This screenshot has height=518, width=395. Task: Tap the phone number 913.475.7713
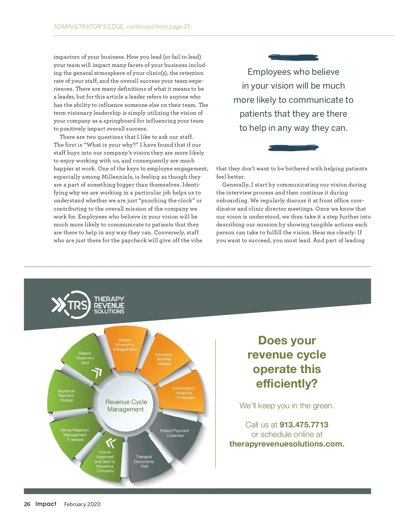point(304,424)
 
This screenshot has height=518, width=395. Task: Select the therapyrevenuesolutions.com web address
point(287,444)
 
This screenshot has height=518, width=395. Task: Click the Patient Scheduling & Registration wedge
point(125,346)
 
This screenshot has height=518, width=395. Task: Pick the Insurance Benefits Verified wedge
point(164,359)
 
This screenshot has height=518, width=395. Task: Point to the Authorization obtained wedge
point(184,393)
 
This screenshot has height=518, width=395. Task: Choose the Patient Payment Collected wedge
point(175,433)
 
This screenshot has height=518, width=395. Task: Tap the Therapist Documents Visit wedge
point(144,461)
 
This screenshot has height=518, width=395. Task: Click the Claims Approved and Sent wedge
point(105,461)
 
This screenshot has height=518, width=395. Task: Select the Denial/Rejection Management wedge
point(75,435)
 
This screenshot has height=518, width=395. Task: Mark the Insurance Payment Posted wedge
point(66,395)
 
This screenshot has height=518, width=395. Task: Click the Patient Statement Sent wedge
point(85,358)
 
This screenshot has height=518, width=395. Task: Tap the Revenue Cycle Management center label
point(126,406)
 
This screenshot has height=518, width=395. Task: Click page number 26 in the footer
point(27,504)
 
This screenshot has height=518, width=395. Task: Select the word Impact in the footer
point(46,504)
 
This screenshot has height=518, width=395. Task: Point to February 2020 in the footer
point(82,504)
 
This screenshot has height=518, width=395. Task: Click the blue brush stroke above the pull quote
point(293,58)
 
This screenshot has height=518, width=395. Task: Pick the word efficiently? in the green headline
point(287,384)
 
